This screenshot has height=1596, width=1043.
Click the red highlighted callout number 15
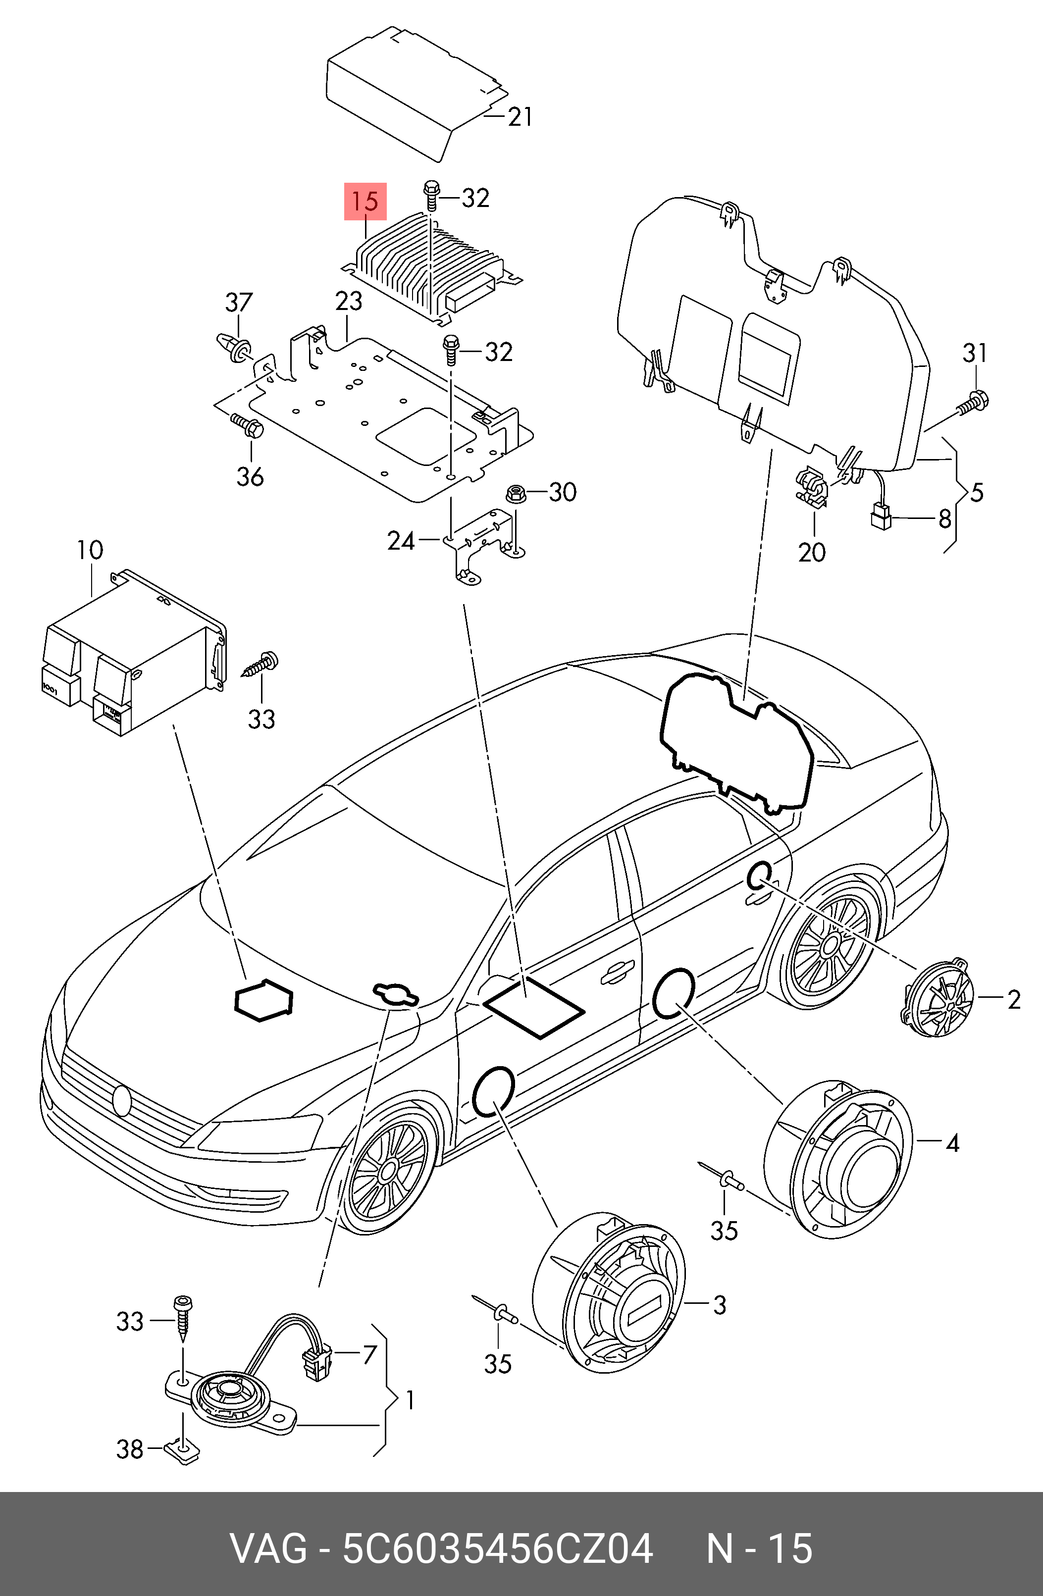pyautogui.click(x=365, y=201)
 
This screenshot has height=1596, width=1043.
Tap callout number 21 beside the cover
pyautogui.click(x=520, y=117)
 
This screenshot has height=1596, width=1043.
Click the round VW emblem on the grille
pyautogui.click(x=122, y=1100)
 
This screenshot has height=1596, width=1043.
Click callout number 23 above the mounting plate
pyautogui.click(x=349, y=302)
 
